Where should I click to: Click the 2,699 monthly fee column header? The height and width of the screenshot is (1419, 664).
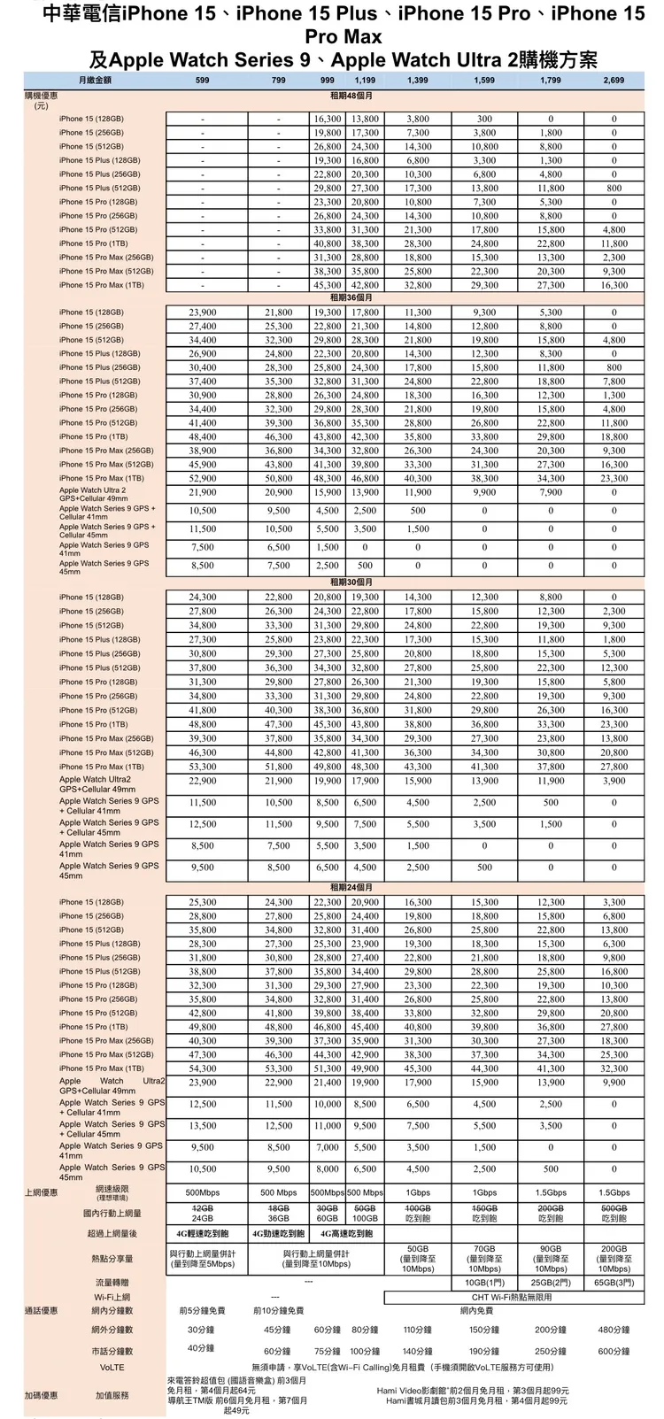tap(613, 81)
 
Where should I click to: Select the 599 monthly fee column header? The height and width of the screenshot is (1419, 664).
tap(203, 81)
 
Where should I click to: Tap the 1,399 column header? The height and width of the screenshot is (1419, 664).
tap(418, 81)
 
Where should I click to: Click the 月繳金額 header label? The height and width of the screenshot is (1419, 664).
tap(93, 81)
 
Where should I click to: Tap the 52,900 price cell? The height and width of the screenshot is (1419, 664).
tap(203, 478)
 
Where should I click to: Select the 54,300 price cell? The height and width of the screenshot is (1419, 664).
tap(203, 1068)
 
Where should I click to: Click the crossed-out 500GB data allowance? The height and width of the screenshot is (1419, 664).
tap(613, 1208)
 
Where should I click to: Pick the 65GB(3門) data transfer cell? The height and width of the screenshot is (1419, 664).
tap(613, 1282)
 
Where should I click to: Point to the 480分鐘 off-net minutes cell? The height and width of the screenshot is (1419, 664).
tap(613, 1330)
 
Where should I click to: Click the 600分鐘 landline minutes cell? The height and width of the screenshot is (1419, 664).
tap(613, 1352)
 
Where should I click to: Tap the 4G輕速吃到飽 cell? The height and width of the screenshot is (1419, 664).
tap(203, 1233)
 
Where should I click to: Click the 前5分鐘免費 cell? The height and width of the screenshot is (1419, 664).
tap(203, 1310)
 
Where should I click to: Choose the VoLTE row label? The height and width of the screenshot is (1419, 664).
tap(112, 1367)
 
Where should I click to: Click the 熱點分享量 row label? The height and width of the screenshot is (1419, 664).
tap(112, 1258)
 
